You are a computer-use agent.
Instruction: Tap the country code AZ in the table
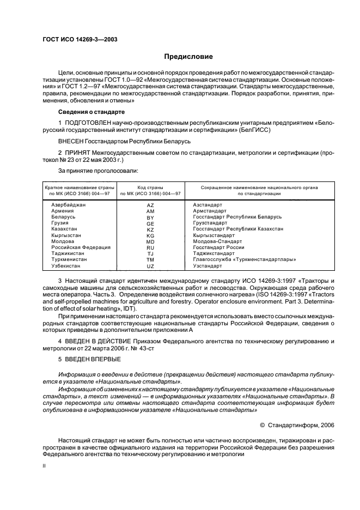click(x=151, y=205)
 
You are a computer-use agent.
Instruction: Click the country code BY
click(x=151, y=217)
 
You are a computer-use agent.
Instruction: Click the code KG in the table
click(x=151, y=235)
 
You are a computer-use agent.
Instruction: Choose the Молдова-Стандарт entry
click(x=217, y=241)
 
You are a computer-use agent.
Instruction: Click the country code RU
click(x=151, y=247)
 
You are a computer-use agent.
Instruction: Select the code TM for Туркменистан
click(x=151, y=260)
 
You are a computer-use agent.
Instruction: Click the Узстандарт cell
click(x=208, y=265)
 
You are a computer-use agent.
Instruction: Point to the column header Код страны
click(x=151, y=187)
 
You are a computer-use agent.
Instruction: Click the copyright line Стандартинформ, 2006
click(x=304, y=425)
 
